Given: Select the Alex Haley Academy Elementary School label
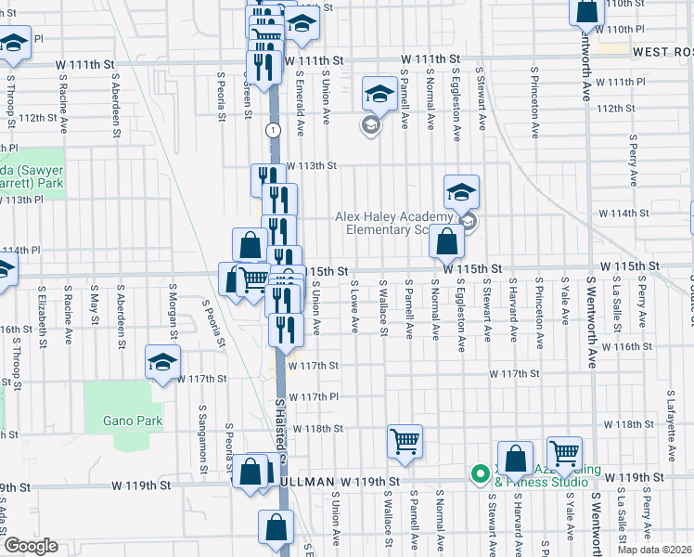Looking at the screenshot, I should [393, 223].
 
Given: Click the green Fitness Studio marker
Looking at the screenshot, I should [480, 473].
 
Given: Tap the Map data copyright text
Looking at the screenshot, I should [654, 550].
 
